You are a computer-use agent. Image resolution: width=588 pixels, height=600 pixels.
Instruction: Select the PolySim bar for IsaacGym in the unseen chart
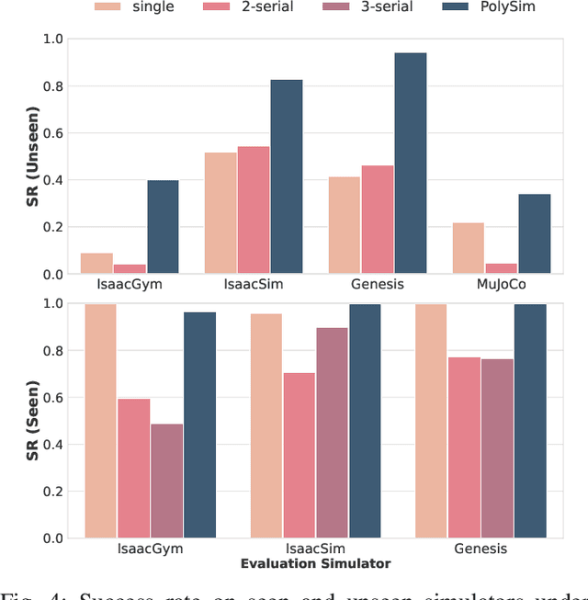pyautogui.click(x=163, y=227)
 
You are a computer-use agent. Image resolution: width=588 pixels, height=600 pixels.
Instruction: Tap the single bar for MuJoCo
pyautogui.click(x=468, y=248)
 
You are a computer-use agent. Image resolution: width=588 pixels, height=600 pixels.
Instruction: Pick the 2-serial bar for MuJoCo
pyautogui.click(x=500, y=268)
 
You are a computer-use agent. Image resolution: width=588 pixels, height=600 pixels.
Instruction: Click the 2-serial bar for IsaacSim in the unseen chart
pyautogui.click(x=254, y=209)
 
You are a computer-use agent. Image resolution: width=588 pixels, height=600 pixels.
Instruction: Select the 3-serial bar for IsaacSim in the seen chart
pyautogui.click(x=332, y=433)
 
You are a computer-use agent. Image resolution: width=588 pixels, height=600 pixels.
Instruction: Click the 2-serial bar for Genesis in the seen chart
pyautogui.click(x=464, y=447)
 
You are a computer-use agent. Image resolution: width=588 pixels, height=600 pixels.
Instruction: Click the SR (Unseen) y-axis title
pyautogui.click(x=32, y=156)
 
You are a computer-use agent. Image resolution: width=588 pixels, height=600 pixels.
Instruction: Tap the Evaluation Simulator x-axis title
pyautogui.click(x=315, y=563)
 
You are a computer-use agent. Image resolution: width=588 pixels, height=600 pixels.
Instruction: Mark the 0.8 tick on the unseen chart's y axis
pyautogui.click(x=62, y=86)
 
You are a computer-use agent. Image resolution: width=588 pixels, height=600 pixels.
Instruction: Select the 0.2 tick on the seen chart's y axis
pyautogui.click(x=62, y=491)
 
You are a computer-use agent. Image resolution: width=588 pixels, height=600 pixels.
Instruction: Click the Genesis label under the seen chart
pyautogui.click(x=480, y=549)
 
